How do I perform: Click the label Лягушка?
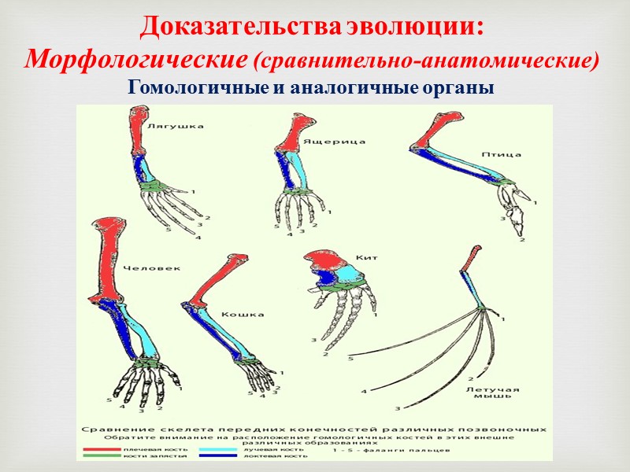pyautogui.click(x=175, y=125)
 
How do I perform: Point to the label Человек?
pyautogui.click(x=152, y=267)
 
